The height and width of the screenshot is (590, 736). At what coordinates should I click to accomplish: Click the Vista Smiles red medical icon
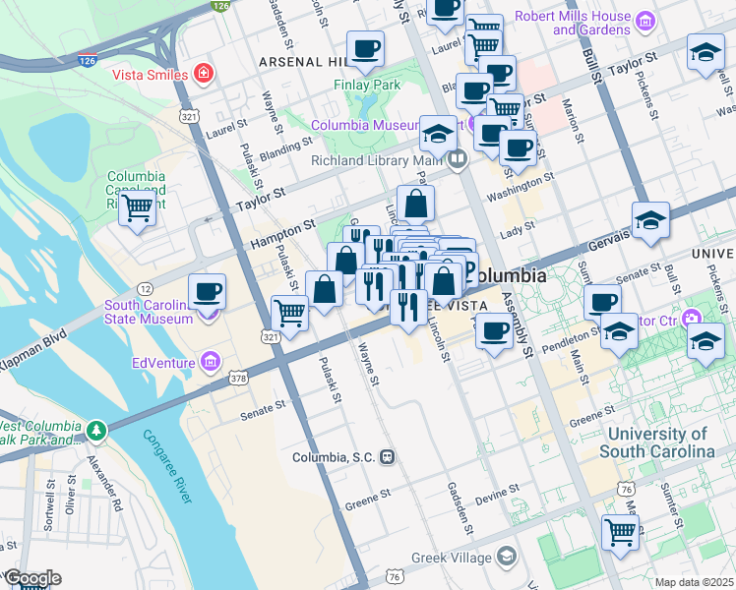coord(204,73)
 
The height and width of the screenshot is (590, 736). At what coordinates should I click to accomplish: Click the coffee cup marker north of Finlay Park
coord(366,48)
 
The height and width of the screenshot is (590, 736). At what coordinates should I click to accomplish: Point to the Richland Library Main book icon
coord(458,159)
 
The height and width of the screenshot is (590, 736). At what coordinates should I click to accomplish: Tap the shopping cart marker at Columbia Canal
coord(137,207)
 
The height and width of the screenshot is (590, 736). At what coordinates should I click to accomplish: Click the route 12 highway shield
coord(145,288)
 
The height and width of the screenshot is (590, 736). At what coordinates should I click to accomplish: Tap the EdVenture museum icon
coord(210,363)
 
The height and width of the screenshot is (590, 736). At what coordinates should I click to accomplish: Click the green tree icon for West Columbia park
coord(95,430)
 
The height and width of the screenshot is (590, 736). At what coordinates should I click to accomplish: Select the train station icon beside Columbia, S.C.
coord(389,457)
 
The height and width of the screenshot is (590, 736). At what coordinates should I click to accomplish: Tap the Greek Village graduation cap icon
coord(506,558)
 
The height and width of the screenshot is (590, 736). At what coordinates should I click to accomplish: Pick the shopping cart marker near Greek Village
coord(620,532)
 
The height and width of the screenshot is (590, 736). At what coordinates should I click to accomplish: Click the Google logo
coord(31,578)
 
